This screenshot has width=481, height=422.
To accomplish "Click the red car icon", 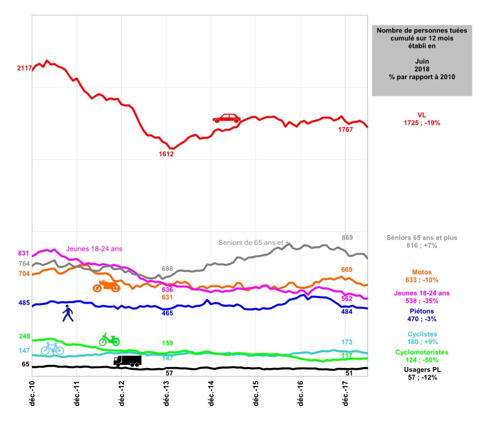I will tap(226, 118).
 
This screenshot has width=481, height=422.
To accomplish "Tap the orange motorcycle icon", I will tap(106, 286).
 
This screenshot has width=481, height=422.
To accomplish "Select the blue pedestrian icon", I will tap(67, 313).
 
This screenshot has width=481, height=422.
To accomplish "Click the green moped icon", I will tap(109, 339).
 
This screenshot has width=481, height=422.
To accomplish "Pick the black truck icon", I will tap(128, 361).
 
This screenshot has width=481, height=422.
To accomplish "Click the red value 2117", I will tap(24, 68).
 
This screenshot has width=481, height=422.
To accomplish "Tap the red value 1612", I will tap(166, 154).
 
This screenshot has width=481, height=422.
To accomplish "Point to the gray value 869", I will tap(347, 237).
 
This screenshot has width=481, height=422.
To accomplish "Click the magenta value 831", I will tap(24, 253).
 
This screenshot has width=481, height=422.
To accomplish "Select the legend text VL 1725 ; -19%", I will tap(422, 119).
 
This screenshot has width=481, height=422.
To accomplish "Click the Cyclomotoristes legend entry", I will tap(422, 356).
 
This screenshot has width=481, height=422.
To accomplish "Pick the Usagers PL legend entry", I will tap(422, 374).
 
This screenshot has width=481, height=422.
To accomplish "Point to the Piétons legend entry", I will tap(422, 315).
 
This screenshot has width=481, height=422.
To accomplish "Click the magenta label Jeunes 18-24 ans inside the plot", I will tap(94, 249).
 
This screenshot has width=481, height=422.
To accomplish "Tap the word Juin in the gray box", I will tap(422, 62).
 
